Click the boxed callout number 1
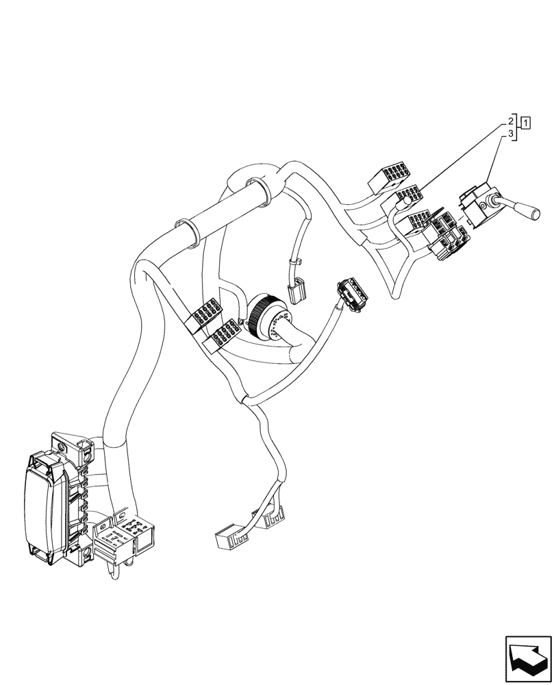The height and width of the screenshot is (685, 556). pyautogui.click(x=526, y=123)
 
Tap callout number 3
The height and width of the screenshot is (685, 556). pyautogui.click(x=511, y=136)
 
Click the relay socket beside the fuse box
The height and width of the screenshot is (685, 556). pyautogui.click(x=124, y=534)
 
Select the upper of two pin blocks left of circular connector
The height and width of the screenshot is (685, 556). pyautogui.click(x=203, y=316)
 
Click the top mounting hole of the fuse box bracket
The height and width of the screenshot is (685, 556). pyautogui.click(x=62, y=447)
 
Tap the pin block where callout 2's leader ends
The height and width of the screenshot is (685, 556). pyautogui.click(x=410, y=199)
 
